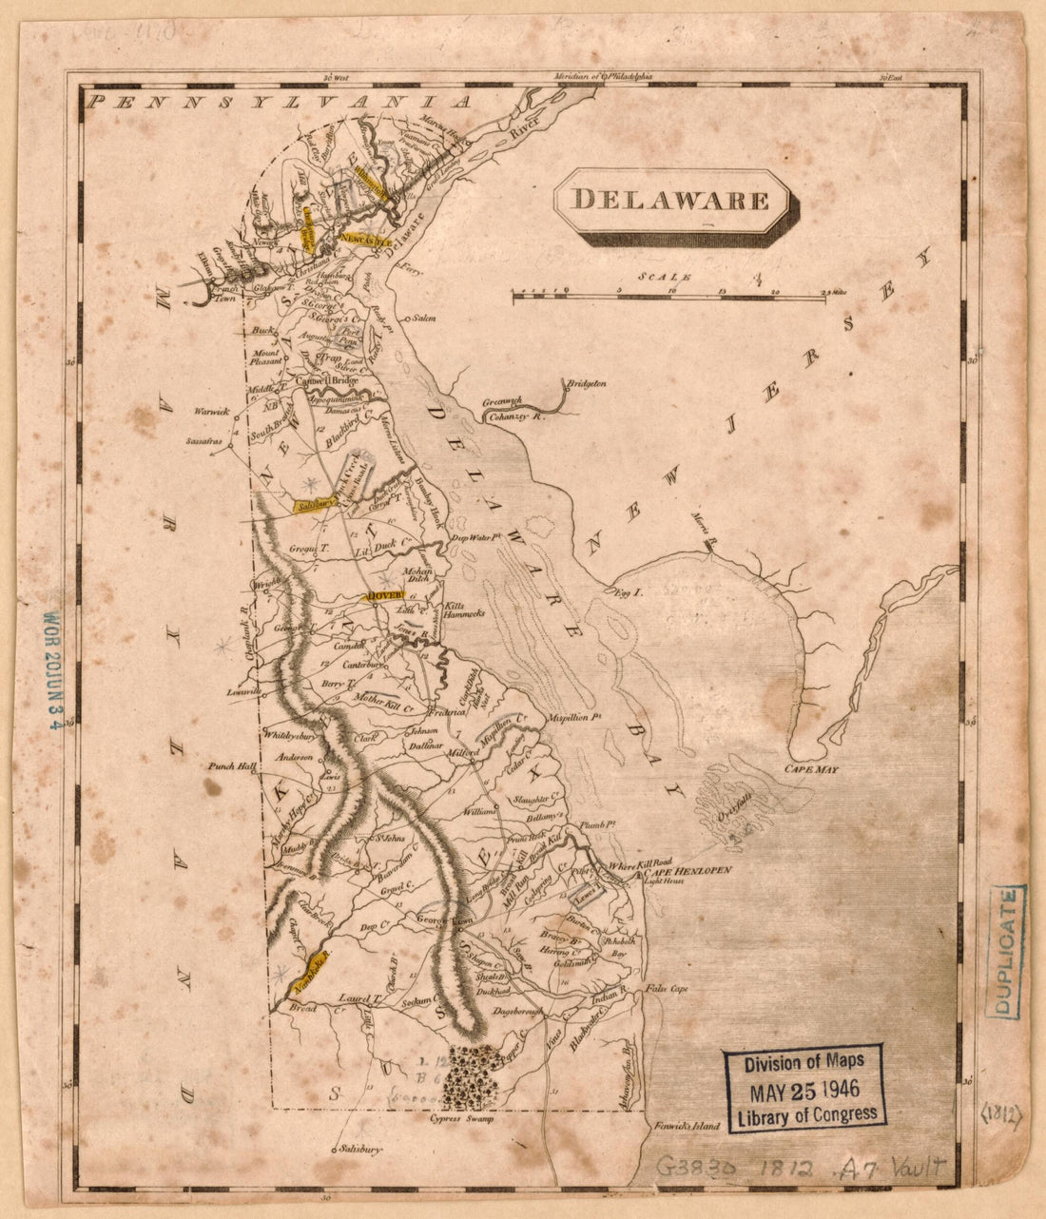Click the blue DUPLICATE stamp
[1005, 952]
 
